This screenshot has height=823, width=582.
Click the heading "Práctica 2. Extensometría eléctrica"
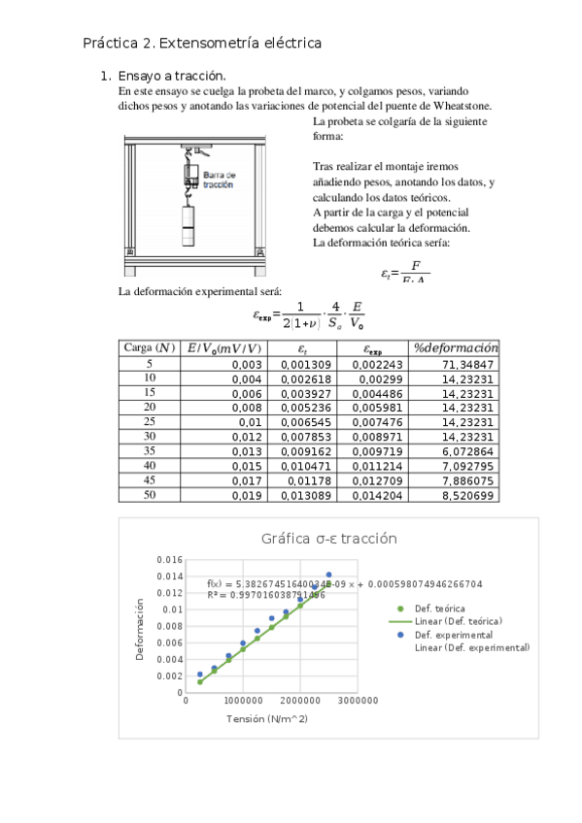pos(202,44)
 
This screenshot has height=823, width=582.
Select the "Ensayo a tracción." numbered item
pos(171,76)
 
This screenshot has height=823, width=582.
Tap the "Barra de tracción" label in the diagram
pos(219,179)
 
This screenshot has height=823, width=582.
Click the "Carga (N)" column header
pos(150,347)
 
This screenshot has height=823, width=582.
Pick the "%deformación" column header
pos(455,347)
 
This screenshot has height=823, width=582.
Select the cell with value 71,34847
pos(467,364)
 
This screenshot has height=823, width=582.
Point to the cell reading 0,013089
pos(307,496)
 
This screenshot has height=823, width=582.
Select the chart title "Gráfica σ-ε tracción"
pos(328,540)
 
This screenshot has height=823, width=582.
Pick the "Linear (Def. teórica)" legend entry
pos(459,620)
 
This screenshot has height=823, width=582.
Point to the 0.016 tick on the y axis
pos(169,560)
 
